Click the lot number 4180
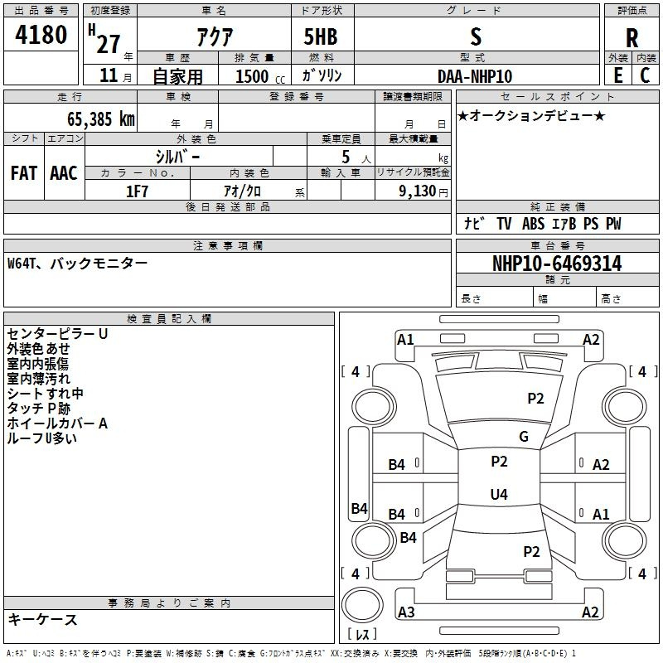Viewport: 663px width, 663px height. (x=41, y=36)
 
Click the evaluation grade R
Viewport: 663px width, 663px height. (x=632, y=37)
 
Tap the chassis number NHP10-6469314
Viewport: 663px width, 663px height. (x=558, y=264)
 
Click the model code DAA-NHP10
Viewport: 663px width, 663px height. (x=475, y=76)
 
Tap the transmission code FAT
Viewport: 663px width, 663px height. (x=24, y=173)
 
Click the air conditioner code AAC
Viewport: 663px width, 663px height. (x=64, y=173)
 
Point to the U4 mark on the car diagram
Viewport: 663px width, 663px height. (x=498, y=495)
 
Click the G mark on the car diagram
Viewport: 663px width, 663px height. (x=524, y=437)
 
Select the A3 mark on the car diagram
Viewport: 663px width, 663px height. (x=406, y=612)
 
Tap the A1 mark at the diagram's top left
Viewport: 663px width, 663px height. (x=405, y=339)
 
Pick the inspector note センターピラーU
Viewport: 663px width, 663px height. (x=57, y=334)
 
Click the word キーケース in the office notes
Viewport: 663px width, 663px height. (x=43, y=619)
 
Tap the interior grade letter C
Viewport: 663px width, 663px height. (x=645, y=75)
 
